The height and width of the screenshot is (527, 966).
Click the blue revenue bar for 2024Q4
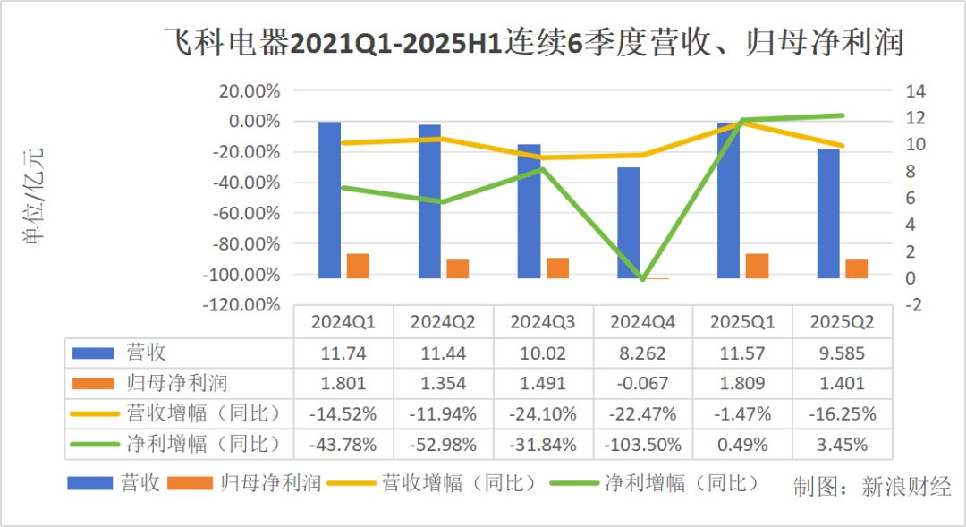[x=629, y=223]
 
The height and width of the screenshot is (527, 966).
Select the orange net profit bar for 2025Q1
[x=757, y=266]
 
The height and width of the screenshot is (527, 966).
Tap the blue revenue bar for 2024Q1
[x=330, y=200]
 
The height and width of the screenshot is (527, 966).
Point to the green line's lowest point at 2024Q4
[x=641, y=279]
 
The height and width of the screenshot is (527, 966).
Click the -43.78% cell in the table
[x=343, y=444]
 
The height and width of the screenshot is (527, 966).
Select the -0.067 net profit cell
[x=643, y=383]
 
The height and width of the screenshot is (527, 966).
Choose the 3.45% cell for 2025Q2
[x=842, y=444]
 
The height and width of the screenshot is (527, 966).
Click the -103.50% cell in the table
[x=643, y=444]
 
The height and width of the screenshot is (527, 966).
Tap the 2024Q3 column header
[x=543, y=321]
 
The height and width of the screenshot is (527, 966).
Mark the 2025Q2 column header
[x=842, y=321]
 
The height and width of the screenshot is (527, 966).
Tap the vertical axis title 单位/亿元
[x=33, y=197]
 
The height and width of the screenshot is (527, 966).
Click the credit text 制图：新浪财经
[x=872, y=487]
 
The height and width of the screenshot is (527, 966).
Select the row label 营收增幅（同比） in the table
[x=204, y=413]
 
